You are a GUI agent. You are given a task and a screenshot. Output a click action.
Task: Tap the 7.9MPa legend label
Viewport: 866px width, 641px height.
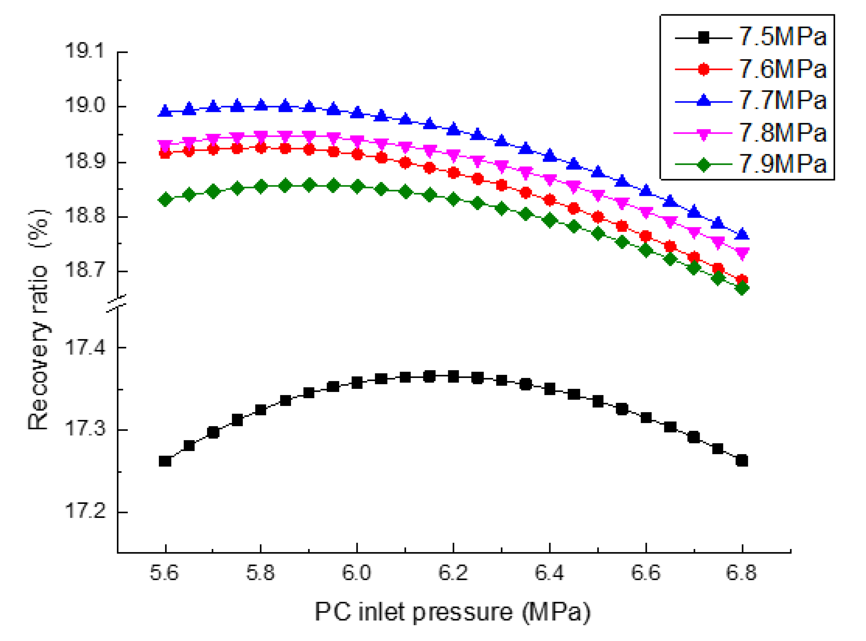click(x=782, y=164)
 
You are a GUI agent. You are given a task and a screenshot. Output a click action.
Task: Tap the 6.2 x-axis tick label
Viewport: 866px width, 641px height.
click(x=453, y=573)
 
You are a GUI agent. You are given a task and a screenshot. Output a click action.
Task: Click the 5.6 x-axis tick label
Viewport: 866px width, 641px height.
click(x=164, y=573)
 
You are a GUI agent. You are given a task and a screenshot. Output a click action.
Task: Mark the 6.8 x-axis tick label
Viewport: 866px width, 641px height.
click(x=741, y=573)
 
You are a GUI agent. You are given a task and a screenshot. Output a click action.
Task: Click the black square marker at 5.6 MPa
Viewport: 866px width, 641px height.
click(x=165, y=461)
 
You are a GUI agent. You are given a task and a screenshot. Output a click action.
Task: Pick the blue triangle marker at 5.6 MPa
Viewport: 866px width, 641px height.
click(x=165, y=111)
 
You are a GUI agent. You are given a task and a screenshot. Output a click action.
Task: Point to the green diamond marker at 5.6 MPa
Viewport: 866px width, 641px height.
click(x=165, y=200)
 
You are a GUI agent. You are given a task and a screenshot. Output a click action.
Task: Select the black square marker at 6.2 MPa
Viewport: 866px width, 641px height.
click(x=453, y=376)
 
